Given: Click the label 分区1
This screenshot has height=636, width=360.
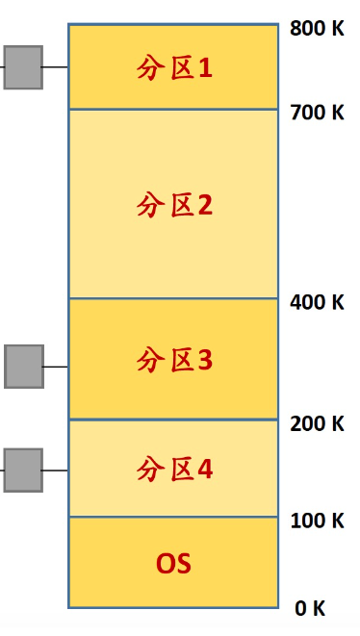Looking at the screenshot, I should [x=174, y=68].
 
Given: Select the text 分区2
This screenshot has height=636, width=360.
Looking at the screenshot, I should [x=174, y=205].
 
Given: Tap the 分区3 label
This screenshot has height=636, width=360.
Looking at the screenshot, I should [x=174, y=361].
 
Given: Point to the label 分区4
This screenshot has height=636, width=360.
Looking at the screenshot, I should [x=174, y=470].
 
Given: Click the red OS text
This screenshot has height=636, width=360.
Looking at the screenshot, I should [x=174, y=563].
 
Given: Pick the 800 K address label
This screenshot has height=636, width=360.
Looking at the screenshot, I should [x=317, y=29].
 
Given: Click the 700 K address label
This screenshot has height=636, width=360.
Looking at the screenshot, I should [x=317, y=113].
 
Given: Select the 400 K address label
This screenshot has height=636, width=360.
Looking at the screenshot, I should [x=317, y=302].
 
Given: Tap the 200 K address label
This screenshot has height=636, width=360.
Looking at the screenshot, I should [x=317, y=423].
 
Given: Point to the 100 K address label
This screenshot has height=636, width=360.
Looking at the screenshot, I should [x=317, y=521].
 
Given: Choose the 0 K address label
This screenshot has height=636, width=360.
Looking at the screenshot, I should [x=310, y=608].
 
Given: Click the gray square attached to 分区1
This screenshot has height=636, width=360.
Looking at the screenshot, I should [x=23, y=67].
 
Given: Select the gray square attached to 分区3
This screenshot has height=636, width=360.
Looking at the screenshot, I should [x=24, y=367].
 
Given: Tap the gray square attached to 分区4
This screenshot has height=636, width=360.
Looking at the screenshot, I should [x=23, y=470].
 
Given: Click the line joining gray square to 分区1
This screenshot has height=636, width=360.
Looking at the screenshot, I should [x=55, y=67].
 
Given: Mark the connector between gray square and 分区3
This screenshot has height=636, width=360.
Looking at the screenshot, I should [x=56, y=367].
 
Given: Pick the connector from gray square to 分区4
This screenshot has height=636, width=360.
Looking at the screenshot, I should [x=55, y=471].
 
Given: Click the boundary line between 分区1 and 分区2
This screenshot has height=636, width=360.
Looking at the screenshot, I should [x=174, y=109].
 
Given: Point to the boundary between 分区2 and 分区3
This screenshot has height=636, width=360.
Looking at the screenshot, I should [x=174, y=298].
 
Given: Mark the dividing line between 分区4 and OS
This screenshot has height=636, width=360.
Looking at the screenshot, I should [x=174, y=517].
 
